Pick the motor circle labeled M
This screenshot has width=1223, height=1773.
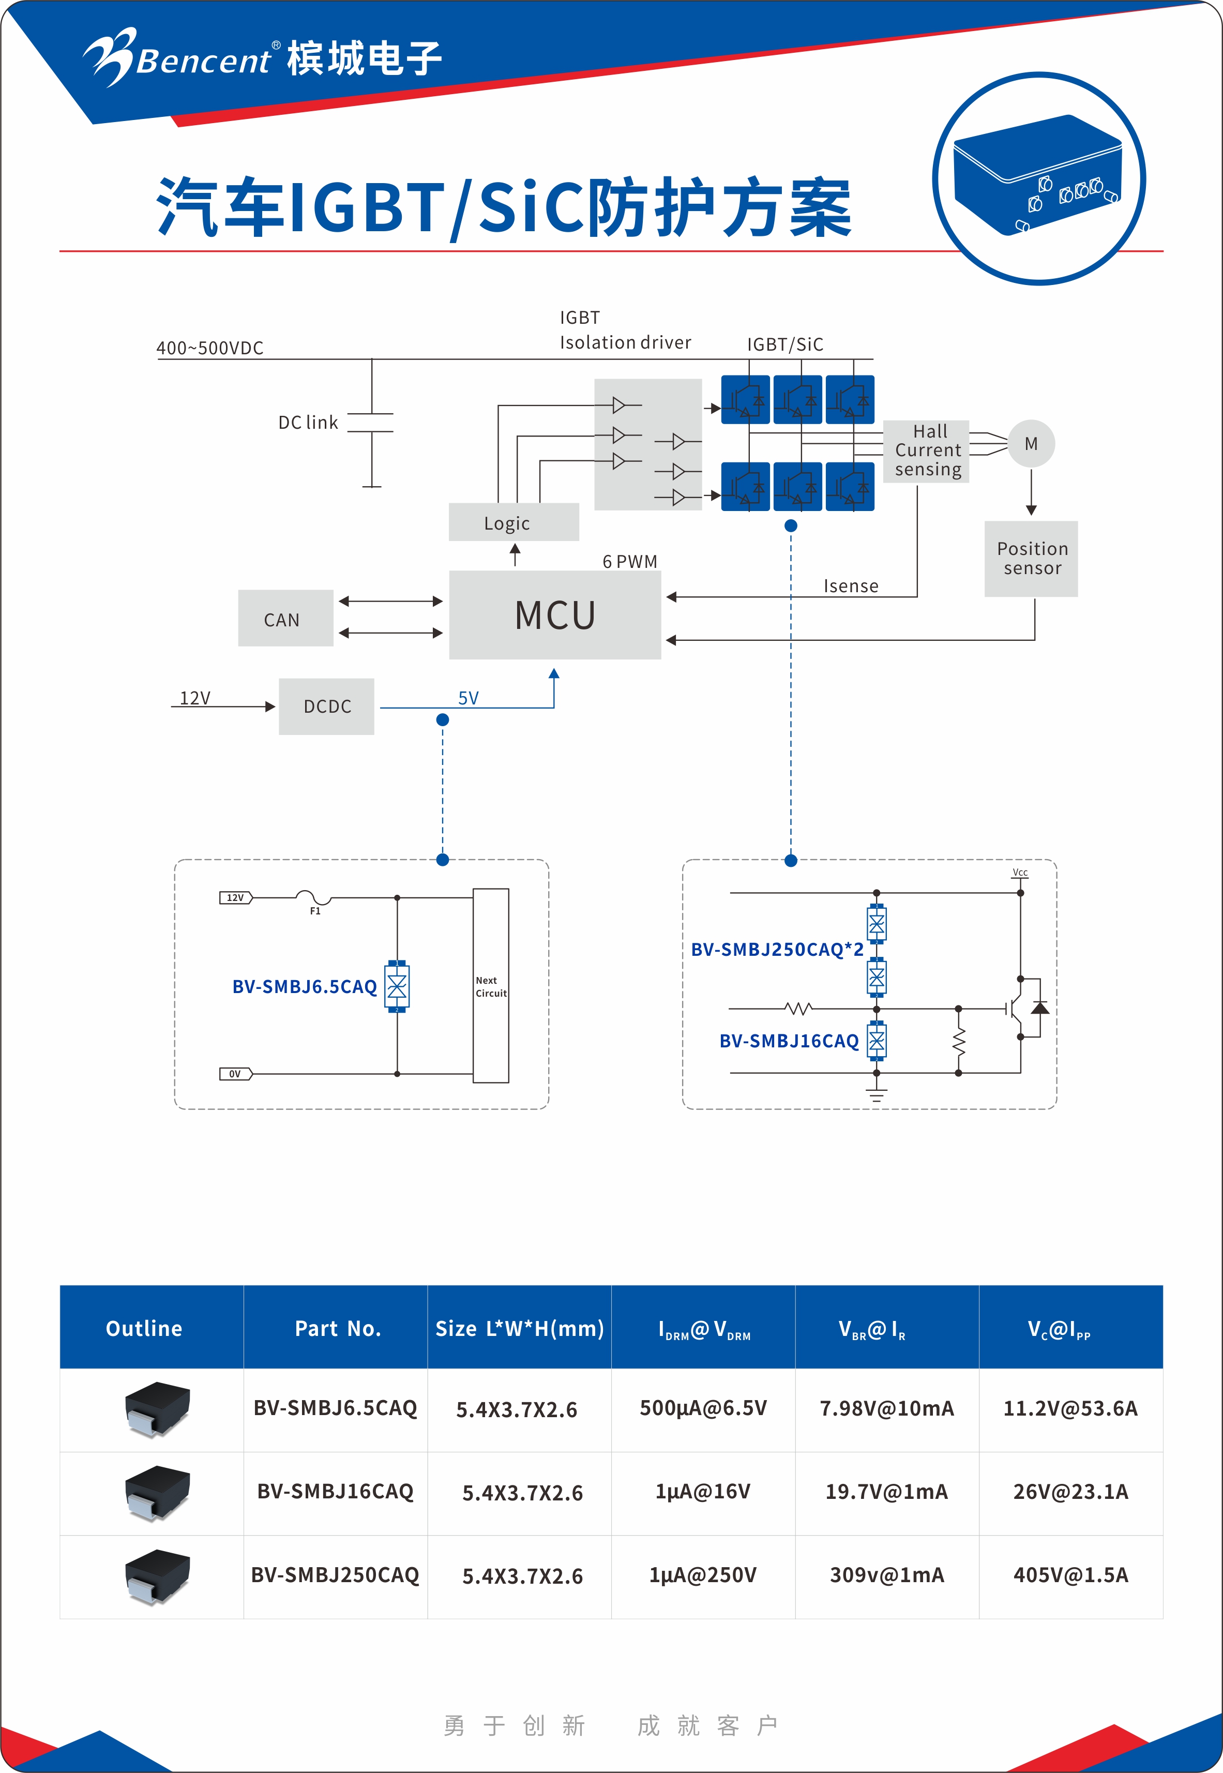pos(1031,444)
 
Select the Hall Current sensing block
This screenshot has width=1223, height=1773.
pos(927,450)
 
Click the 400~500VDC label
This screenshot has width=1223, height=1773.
pos(210,348)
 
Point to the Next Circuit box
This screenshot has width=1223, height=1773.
pos(490,986)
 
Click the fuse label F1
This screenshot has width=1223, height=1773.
pos(315,911)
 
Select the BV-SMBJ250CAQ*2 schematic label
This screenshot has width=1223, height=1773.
pos(776,949)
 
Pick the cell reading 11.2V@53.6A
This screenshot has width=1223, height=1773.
pos(1070,1408)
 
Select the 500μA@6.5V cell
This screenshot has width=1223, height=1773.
pos(703,1408)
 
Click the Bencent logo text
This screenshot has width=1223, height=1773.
pos(203,61)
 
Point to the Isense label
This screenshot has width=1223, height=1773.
pos(851,585)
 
